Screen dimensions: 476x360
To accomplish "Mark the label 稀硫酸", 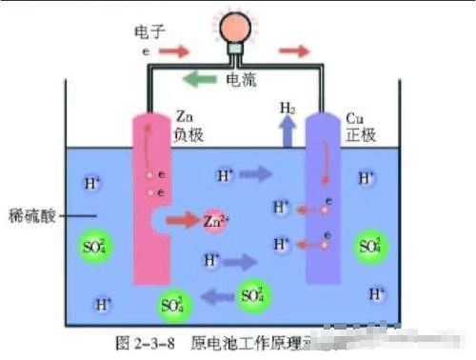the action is tap(30, 215).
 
